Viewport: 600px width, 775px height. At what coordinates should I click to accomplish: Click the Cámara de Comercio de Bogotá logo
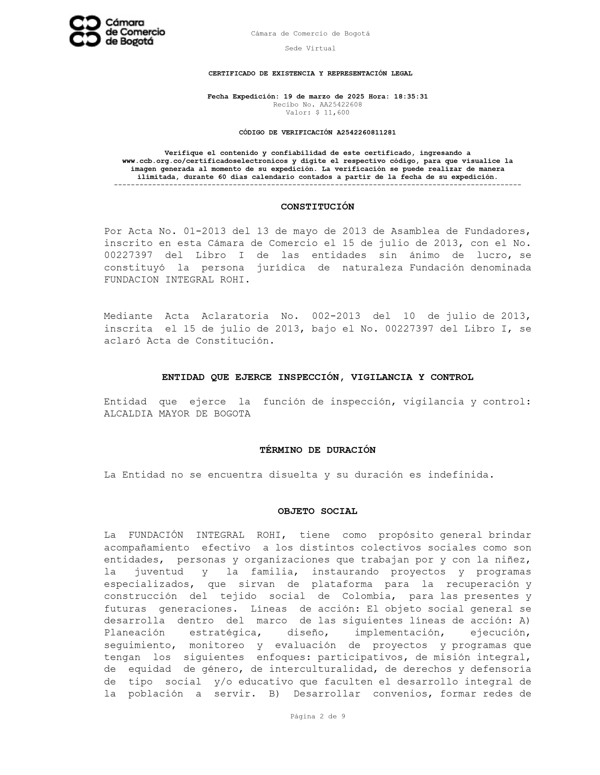pos(117,31)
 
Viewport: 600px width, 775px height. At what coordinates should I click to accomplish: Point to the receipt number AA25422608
pos(340,105)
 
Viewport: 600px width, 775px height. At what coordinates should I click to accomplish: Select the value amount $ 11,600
pos(332,113)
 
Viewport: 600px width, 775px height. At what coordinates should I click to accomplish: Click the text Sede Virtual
pos(310,48)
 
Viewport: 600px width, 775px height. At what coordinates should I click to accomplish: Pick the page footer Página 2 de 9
pos(318,716)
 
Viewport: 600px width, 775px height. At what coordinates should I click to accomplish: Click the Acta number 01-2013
pos(204,231)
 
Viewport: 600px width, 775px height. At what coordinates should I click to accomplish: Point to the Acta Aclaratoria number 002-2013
pos(336,316)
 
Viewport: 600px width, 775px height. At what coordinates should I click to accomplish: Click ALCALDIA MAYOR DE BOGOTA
pos(177,414)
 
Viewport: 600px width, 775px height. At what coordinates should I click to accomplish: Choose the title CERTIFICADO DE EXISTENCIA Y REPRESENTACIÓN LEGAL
pos(310,74)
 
